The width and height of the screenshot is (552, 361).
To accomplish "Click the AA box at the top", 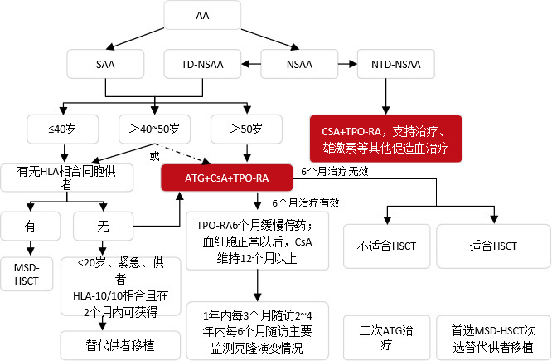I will click(202, 16).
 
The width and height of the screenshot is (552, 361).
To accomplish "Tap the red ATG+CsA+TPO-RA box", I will click(226, 177).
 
